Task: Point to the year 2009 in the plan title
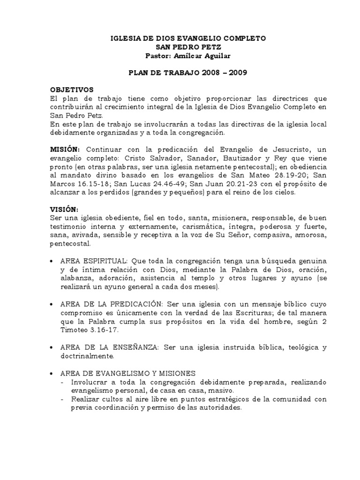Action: [234, 73]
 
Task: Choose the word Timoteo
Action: [75, 329]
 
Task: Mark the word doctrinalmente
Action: [88, 356]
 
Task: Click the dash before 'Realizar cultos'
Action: [64, 399]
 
